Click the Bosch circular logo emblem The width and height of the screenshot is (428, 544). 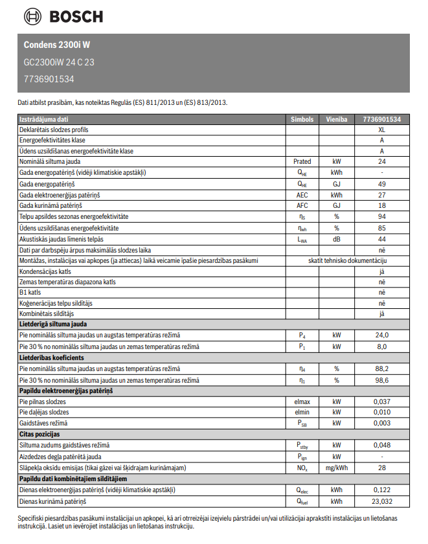coord(32,16)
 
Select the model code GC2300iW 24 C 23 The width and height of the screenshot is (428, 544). coord(59,62)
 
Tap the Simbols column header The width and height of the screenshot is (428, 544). coord(302,119)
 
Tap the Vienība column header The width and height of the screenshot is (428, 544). coord(336,119)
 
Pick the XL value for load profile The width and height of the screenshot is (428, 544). coord(381,130)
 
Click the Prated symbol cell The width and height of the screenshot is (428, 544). coord(302,161)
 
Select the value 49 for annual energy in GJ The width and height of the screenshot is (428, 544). coord(381,184)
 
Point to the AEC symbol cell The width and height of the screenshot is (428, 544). coord(302,195)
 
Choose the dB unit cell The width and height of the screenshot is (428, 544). coord(336,239)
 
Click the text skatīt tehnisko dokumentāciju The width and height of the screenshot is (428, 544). coord(348,260)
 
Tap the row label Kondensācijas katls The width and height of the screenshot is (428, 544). coord(45,272)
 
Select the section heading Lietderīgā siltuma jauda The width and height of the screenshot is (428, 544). coord(53,324)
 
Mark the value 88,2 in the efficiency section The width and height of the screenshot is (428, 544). coord(381,368)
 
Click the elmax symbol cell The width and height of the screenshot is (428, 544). coord(302,402)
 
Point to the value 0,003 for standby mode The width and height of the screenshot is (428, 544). coord(381,423)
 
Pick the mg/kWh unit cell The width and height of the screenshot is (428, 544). coord(336,468)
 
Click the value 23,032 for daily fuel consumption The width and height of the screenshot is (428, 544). coord(381,501)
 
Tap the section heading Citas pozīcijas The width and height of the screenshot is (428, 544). coord(39,434)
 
